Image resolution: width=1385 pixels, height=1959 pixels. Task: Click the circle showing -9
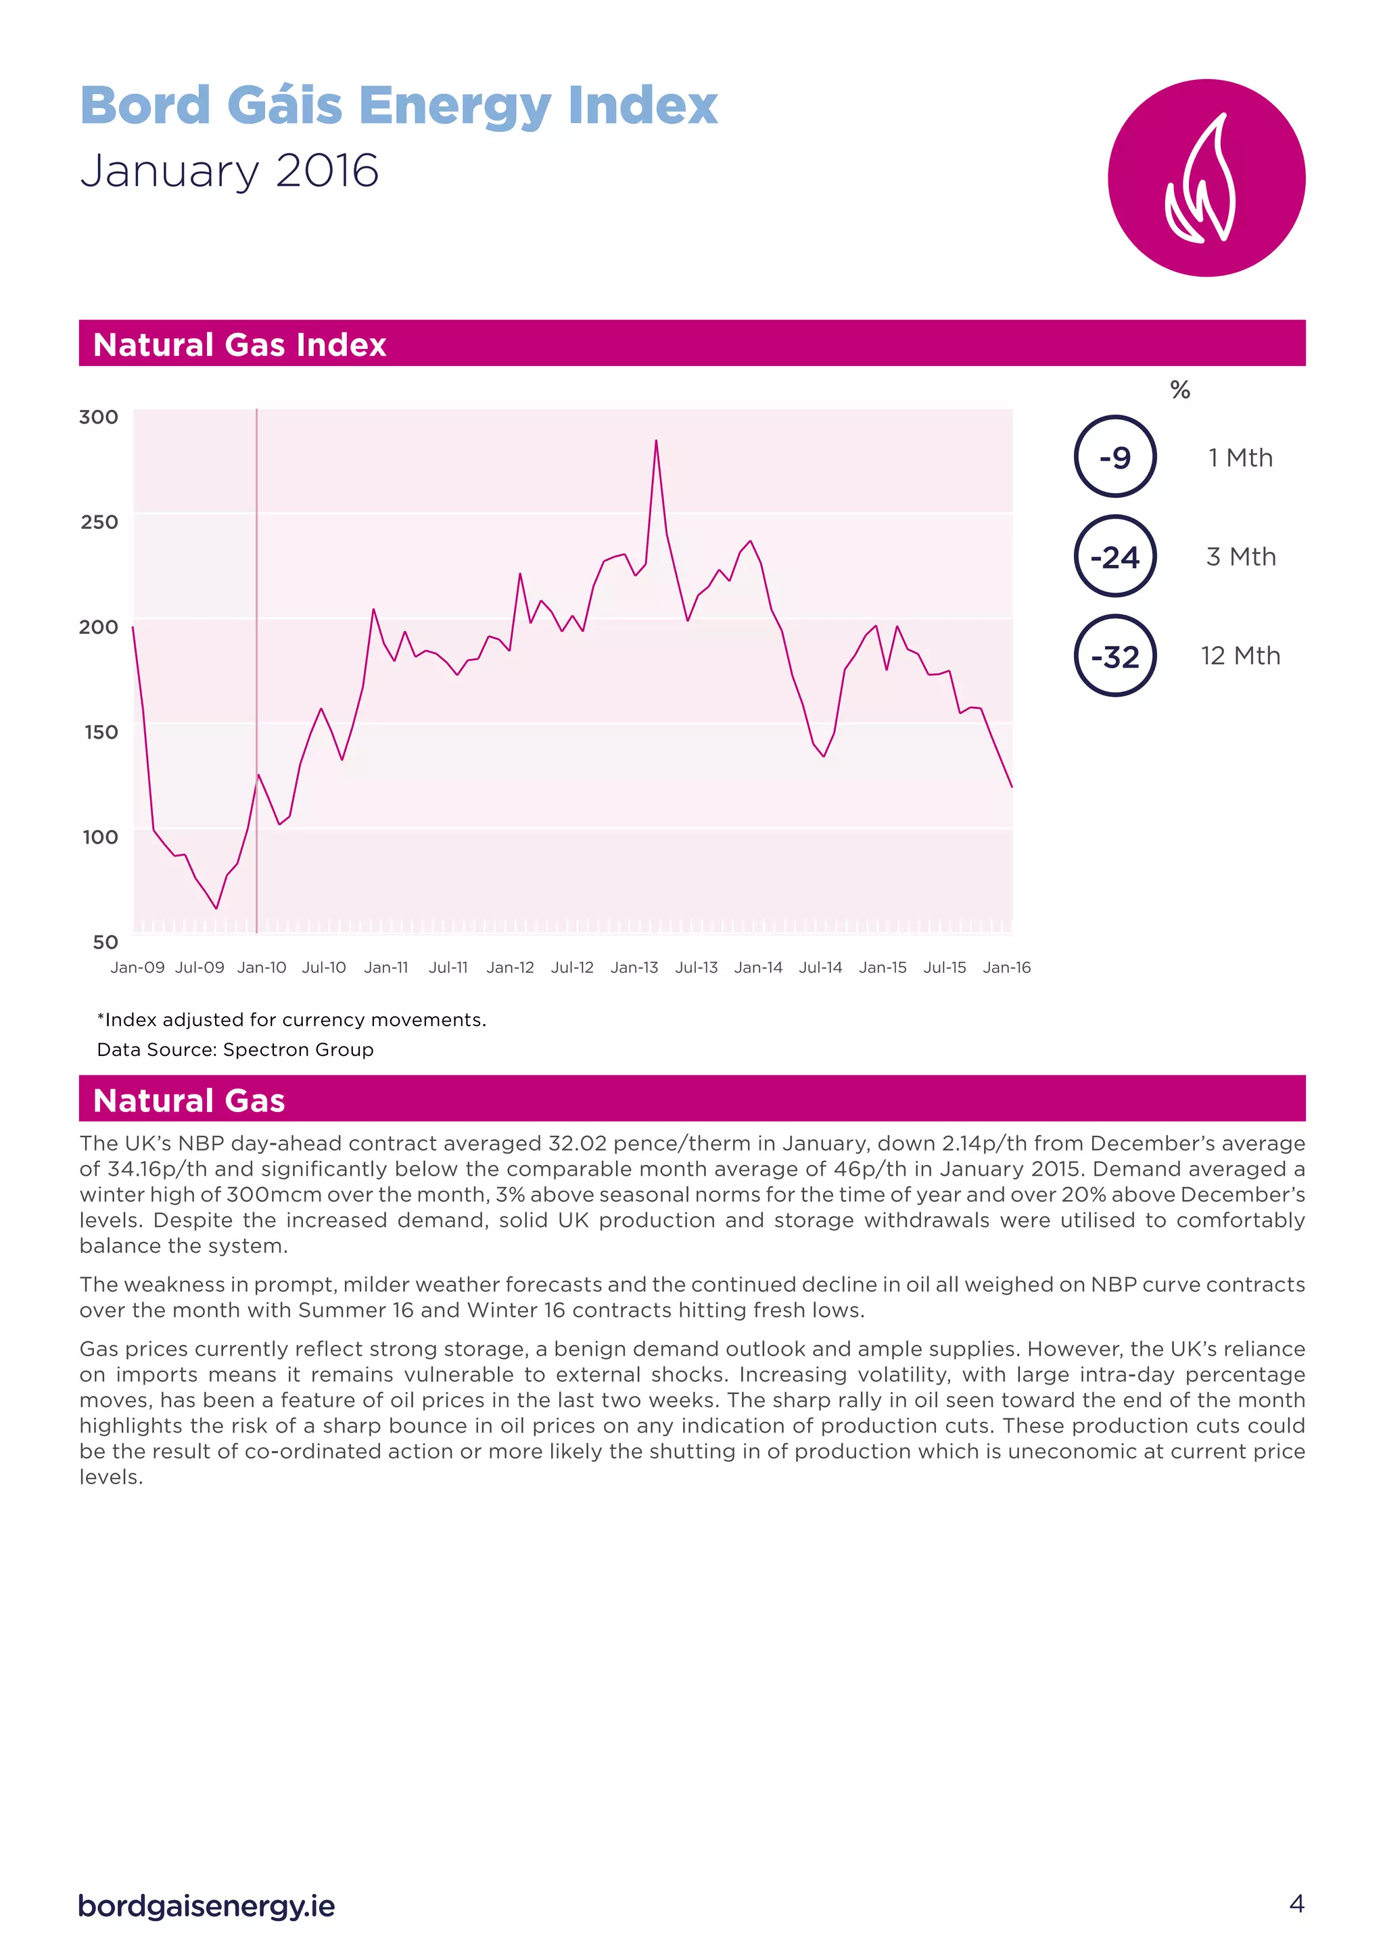click(1114, 457)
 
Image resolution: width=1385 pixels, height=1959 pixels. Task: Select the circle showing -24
click(1114, 556)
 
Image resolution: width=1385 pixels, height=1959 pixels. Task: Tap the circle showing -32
click(1114, 655)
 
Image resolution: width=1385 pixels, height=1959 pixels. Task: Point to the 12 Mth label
click(1240, 655)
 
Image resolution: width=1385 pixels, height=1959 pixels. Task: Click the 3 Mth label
click(1241, 556)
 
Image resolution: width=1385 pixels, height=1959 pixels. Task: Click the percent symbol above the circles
click(1179, 390)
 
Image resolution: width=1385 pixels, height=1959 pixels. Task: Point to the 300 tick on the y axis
click(99, 417)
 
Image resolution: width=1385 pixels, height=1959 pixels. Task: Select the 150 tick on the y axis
click(101, 732)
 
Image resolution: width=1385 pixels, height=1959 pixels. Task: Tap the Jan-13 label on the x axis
click(634, 967)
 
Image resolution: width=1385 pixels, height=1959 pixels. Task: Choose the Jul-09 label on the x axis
click(199, 967)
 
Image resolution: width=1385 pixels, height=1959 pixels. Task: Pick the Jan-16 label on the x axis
click(1006, 967)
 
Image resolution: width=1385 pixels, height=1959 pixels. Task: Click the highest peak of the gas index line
click(656, 441)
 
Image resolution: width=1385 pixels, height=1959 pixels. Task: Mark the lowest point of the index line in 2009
click(216, 908)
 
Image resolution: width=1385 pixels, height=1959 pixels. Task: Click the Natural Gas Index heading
click(239, 345)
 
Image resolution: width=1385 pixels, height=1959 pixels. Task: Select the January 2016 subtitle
click(229, 170)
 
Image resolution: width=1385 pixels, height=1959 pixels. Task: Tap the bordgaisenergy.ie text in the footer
click(206, 1906)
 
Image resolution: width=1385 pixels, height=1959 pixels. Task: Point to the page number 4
click(1296, 1904)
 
